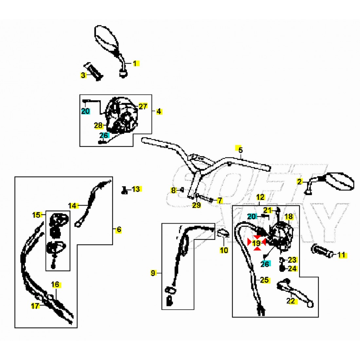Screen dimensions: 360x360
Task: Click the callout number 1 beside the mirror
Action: tap(135, 63)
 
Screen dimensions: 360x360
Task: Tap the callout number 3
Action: tap(83, 75)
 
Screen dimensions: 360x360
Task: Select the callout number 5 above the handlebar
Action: tap(240, 150)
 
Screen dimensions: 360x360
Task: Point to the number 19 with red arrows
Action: tap(257, 243)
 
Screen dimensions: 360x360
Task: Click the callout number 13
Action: tap(136, 189)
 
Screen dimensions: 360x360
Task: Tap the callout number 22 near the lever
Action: tap(291, 300)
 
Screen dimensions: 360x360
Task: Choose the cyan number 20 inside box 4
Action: tap(85, 111)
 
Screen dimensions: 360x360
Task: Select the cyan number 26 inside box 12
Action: tap(265, 264)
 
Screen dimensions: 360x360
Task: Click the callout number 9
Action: tap(153, 273)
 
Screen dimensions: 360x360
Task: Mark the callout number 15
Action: tap(36, 215)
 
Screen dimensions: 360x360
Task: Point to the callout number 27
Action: tap(143, 106)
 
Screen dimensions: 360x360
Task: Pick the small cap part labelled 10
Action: tap(223, 233)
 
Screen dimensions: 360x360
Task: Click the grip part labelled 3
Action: tap(94, 71)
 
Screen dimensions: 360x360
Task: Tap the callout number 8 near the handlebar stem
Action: tap(173, 190)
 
